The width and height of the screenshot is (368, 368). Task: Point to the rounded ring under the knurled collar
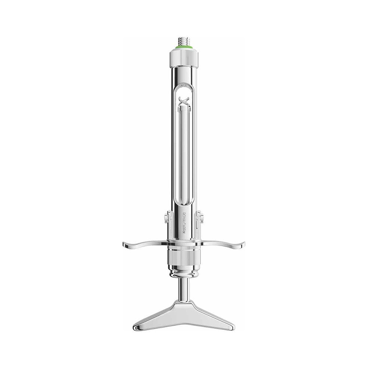(184, 274)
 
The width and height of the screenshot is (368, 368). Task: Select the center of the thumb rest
(184, 309)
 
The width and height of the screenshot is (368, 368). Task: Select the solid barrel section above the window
(184, 74)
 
